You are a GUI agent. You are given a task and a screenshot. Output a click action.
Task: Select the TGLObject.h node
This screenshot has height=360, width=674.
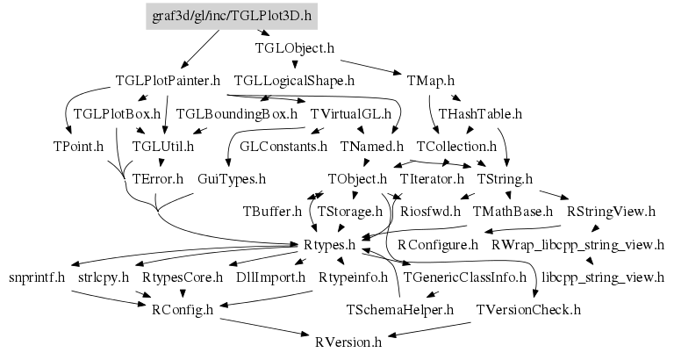coord(294,48)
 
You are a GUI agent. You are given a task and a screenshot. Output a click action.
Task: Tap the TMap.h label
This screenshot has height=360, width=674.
coord(430,81)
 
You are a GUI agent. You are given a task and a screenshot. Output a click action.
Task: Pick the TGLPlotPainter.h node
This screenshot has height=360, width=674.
coord(167,81)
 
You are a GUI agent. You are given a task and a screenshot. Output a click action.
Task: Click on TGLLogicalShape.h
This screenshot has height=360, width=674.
coord(293,81)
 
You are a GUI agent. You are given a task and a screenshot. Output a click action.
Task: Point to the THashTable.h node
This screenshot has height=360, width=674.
coord(480,113)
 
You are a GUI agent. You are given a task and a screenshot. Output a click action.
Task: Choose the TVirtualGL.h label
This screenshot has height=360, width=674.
coord(350,113)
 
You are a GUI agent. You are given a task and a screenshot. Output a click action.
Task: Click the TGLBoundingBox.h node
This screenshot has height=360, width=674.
coord(236,113)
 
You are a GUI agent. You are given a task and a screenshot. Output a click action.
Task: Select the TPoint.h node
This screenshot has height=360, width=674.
coord(72,146)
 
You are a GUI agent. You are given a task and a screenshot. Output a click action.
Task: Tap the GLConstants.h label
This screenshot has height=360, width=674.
coord(283,146)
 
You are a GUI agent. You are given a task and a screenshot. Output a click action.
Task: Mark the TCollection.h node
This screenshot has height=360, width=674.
coord(456,146)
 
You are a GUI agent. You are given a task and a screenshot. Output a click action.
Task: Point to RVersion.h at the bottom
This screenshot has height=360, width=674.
coord(348,342)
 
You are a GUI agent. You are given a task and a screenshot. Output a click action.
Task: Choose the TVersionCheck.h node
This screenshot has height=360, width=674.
coord(527,309)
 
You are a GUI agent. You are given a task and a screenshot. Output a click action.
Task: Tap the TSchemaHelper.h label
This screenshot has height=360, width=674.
coord(399,309)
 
